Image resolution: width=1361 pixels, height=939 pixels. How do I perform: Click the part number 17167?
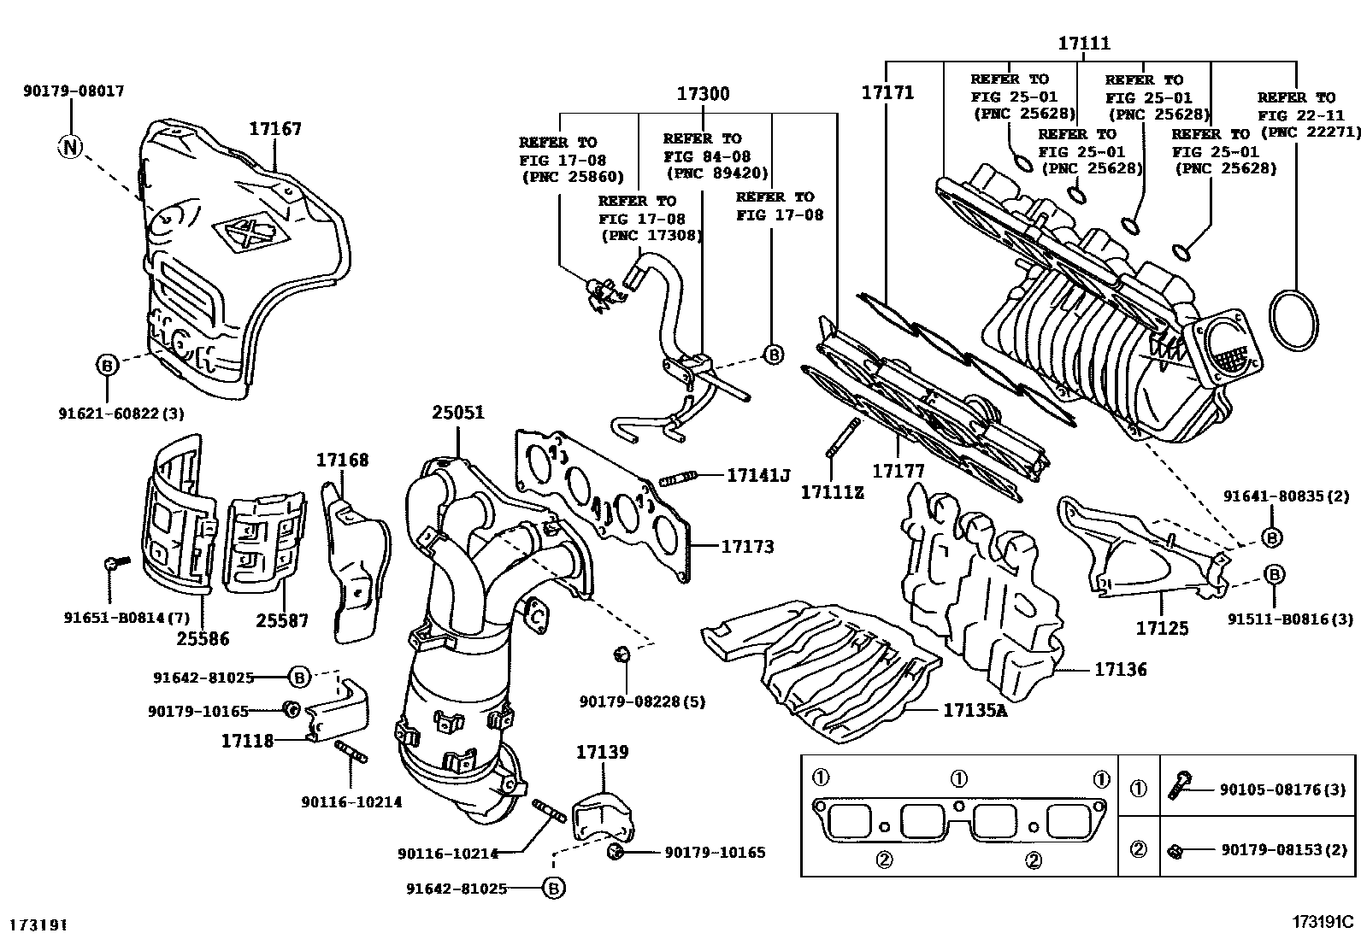(x=275, y=129)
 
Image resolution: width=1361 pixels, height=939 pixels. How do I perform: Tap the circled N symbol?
(x=71, y=147)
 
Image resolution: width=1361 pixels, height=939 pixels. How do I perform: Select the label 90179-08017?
(x=74, y=91)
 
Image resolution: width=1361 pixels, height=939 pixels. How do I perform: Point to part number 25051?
(x=457, y=413)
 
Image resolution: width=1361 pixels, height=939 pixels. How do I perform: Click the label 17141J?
(x=758, y=475)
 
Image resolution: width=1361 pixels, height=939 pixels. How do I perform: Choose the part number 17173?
(x=747, y=545)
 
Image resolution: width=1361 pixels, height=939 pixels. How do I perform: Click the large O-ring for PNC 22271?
(x=1294, y=320)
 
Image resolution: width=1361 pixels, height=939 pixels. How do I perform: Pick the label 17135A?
(x=975, y=709)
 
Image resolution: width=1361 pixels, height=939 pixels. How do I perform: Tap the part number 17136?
(x=1121, y=671)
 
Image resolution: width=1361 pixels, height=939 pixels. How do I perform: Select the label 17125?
(x=1162, y=628)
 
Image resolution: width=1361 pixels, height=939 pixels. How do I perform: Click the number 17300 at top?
(x=704, y=94)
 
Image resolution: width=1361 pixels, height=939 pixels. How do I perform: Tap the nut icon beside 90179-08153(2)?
(x=1175, y=851)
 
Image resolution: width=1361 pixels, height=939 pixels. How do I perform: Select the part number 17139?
(x=602, y=752)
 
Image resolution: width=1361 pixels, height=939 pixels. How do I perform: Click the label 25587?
(x=280, y=621)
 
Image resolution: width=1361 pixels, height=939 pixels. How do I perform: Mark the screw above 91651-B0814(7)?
(x=113, y=563)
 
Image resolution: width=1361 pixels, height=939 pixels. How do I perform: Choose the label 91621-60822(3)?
(x=121, y=414)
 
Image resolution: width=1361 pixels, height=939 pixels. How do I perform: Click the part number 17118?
(x=248, y=741)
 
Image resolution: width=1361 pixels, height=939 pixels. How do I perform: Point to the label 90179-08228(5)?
(x=642, y=701)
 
